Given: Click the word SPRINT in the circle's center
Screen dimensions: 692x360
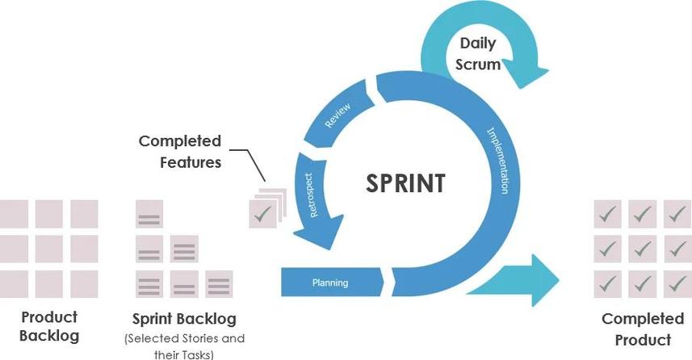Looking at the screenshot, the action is pos(405,183).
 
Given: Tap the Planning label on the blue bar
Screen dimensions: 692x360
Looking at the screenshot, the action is pos(330,283).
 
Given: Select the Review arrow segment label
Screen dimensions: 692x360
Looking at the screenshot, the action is pos(338,115).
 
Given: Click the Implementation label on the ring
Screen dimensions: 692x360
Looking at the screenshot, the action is pos(498,160).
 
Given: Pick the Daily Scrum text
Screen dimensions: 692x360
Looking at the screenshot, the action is pos(478,54).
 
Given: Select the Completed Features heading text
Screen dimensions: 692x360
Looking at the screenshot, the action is pos(180,152).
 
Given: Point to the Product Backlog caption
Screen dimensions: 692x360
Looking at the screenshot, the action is pos(49,326).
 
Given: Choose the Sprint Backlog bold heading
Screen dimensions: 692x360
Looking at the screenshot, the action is pos(184,319).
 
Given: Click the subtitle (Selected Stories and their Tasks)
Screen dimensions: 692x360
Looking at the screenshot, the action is pos(184,346).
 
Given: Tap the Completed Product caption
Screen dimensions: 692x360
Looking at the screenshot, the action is pos(643,329).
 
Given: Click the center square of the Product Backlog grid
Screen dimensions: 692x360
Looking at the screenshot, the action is pos(49,249).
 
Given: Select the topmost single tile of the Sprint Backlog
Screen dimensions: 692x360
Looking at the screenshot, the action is pos(149,214).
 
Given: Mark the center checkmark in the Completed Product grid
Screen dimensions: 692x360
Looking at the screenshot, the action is pos(642,249).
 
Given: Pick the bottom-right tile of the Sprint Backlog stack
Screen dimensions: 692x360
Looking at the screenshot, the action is pos(219,284).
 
